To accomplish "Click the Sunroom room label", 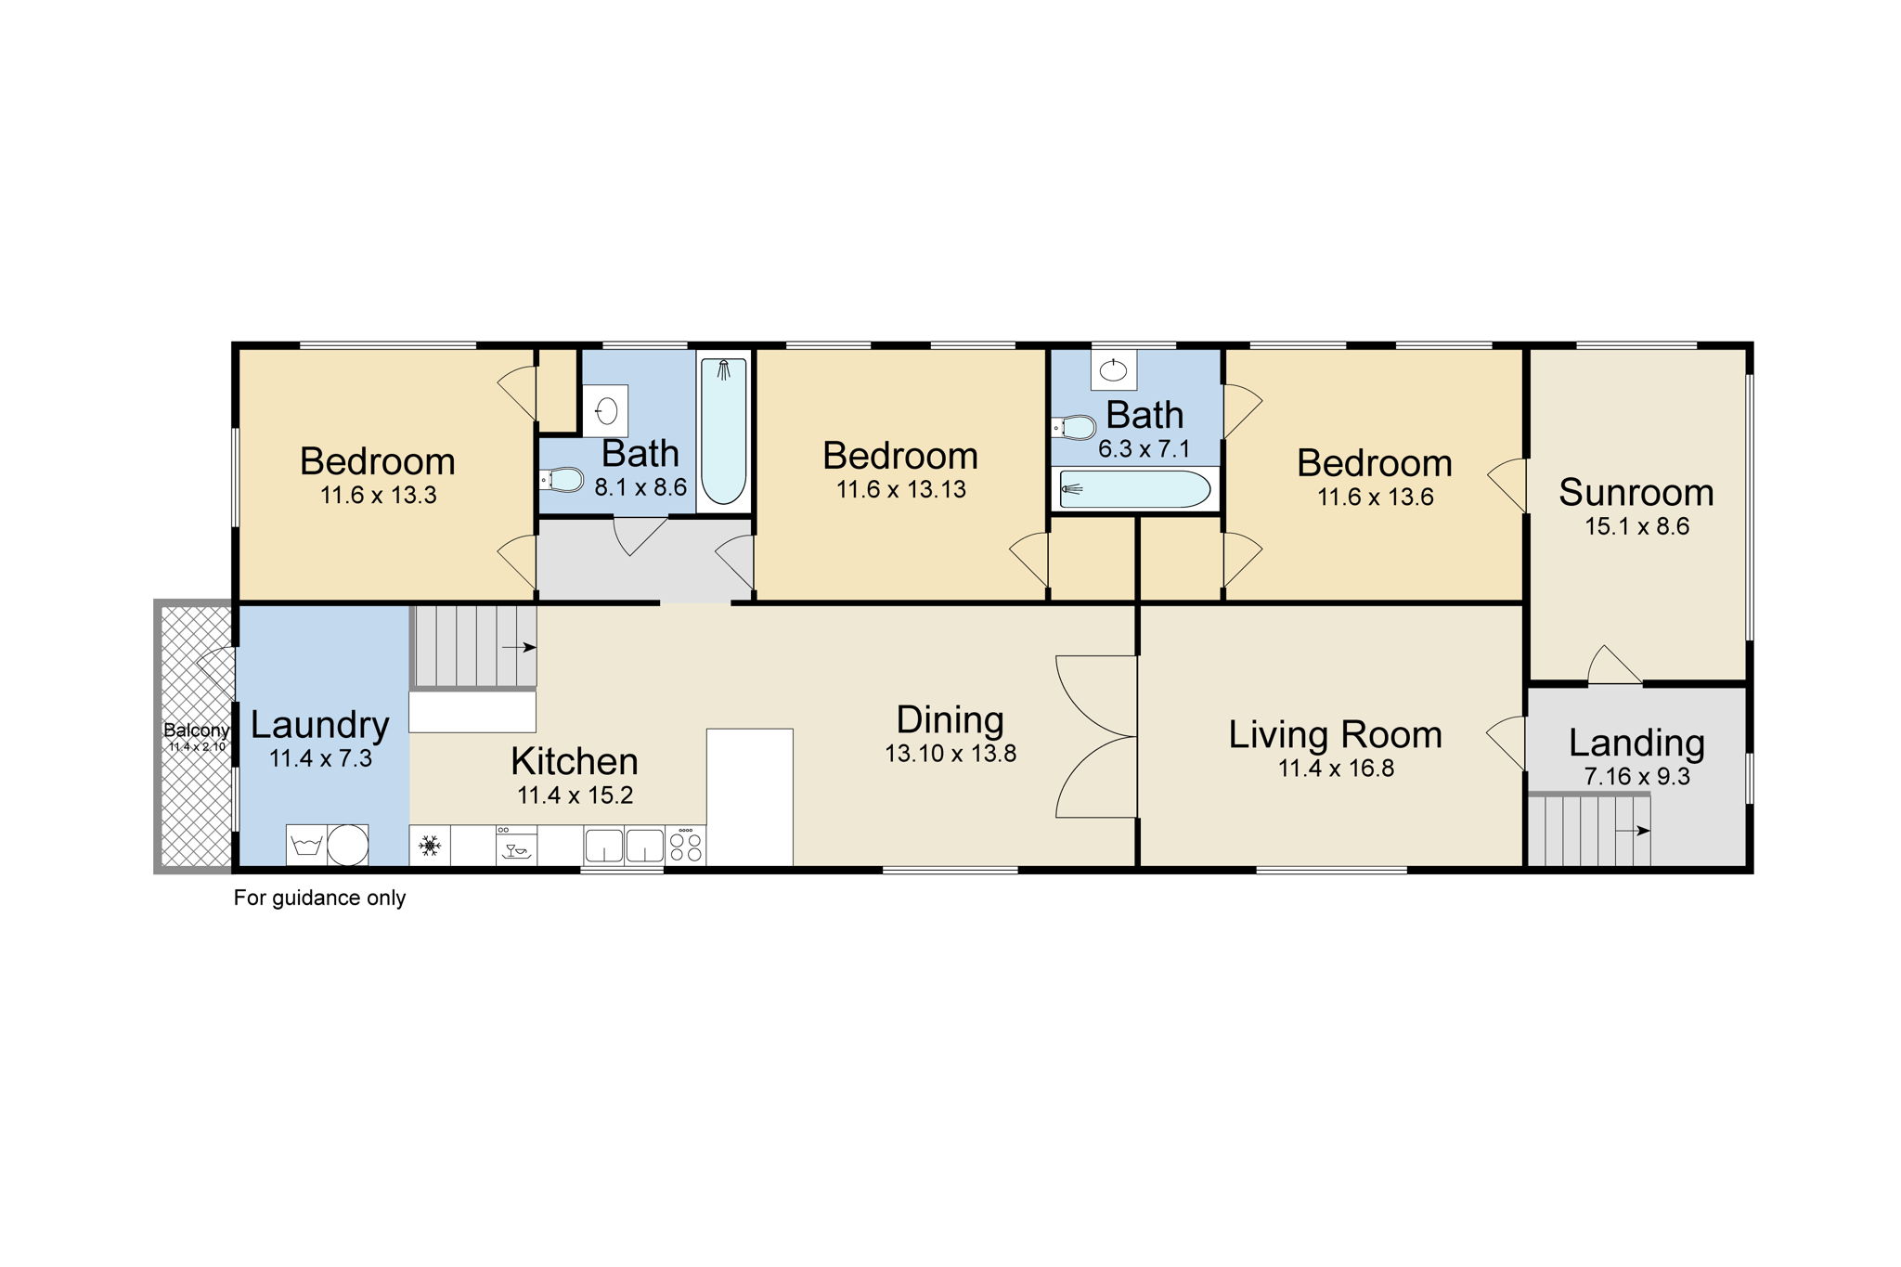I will (1636, 493).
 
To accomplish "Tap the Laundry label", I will (319, 725).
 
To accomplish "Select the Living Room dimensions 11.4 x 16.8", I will (1336, 769).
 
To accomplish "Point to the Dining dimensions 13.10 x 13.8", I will (950, 754).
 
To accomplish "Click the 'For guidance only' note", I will (319, 899).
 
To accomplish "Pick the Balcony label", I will (196, 730).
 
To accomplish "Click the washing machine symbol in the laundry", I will (306, 845).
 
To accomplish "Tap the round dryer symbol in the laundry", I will (348, 845).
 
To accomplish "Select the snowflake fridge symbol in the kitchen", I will (430, 846).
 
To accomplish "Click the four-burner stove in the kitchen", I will (685, 845).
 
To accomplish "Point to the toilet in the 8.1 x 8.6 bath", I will (563, 480).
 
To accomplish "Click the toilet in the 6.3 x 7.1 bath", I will (1074, 428).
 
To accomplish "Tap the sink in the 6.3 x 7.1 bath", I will (1113, 370).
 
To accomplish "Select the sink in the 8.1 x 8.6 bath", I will (606, 410).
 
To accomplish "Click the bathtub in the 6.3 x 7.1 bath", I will (1134, 489).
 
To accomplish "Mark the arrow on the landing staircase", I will (1632, 831).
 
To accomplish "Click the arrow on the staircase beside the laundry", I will (518, 647).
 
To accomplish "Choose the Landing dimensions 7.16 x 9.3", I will (1636, 777).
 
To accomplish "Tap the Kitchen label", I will (575, 762).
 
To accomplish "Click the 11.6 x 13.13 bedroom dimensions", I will (900, 489).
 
